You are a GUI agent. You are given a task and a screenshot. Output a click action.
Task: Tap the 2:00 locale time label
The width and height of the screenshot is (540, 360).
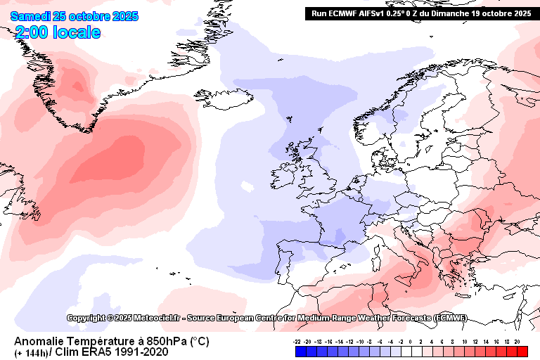57,32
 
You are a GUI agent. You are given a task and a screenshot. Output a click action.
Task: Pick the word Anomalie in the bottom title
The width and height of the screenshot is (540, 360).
37,342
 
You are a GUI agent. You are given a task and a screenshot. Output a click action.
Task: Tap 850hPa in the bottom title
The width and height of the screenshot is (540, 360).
156,342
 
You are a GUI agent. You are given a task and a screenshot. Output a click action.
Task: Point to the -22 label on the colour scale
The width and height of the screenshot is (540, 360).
298,340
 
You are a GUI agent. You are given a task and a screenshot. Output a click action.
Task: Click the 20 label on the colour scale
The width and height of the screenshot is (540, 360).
517,340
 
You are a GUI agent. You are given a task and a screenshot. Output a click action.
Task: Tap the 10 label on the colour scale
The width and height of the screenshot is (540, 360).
465,340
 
